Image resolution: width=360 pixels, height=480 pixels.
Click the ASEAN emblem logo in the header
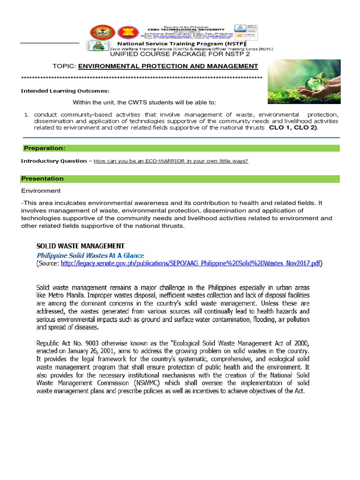click(125, 32)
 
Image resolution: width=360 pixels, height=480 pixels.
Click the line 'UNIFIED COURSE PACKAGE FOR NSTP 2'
click(180, 53)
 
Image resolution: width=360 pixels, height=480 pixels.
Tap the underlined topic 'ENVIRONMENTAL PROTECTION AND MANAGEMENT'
click(168, 66)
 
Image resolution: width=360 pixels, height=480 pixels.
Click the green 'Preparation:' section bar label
click(45, 148)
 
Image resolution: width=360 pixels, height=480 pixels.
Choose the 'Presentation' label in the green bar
click(43, 179)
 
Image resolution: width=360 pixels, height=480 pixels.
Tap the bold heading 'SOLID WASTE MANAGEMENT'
click(81, 246)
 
